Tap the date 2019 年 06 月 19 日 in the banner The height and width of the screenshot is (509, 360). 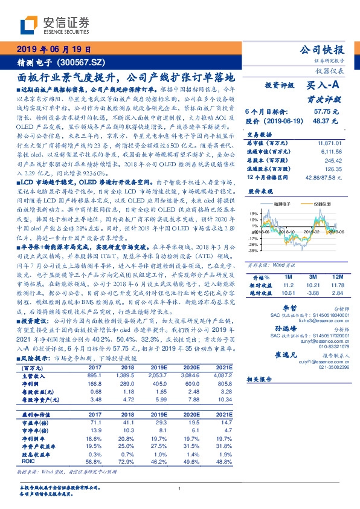[54, 50]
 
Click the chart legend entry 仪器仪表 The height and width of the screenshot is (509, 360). [321, 205]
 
